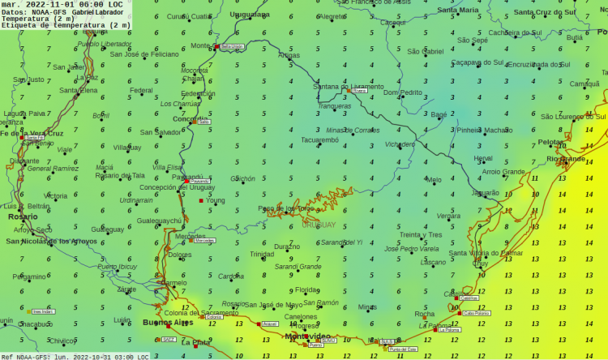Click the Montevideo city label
click(308, 336)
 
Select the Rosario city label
click(23, 216)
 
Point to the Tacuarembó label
click(319, 139)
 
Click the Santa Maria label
click(458, 10)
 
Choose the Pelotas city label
click(553, 142)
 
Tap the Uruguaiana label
click(250, 15)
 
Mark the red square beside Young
click(202, 200)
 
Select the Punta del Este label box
click(403, 349)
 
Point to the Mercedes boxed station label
click(204, 241)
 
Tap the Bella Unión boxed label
click(232, 47)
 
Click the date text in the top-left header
click(62, 4)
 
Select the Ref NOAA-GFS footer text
click(74, 356)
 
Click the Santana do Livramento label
click(349, 87)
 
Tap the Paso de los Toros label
click(285, 208)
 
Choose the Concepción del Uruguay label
click(178, 187)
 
